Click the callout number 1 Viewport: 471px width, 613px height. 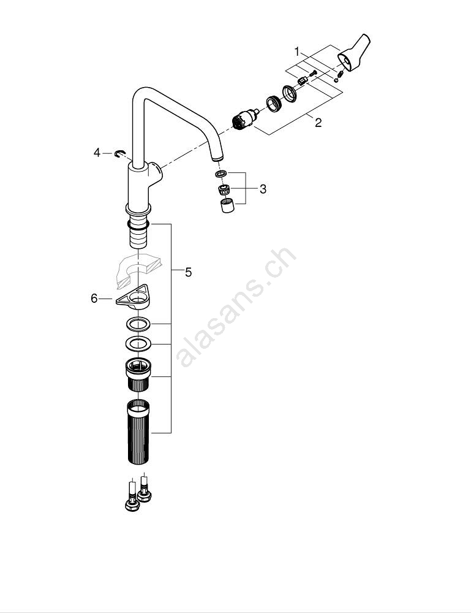pyautogui.click(x=297, y=51)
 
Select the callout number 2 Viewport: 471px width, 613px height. pyautogui.click(x=318, y=123)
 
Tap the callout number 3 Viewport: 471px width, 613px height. pyautogui.click(x=263, y=189)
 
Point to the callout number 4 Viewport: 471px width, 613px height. pyautogui.click(x=97, y=153)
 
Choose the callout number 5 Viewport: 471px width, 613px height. pyautogui.click(x=188, y=272)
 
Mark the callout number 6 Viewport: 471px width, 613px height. pyautogui.click(x=94, y=299)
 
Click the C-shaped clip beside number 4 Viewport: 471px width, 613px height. pyautogui.click(x=119, y=154)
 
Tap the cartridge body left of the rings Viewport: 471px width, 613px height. pyautogui.click(x=244, y=120)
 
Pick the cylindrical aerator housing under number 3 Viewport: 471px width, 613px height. pyautogui.click(x=227, y=205)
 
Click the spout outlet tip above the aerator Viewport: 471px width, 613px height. pyautogui.click(x=217, y=157)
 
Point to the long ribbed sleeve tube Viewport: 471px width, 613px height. pyautogui.click(x=138, y=432)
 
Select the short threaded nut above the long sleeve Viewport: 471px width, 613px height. pyautogui.click(x=138, y=374)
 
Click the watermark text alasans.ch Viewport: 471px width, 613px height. pyautogui.click(x=236, y=307)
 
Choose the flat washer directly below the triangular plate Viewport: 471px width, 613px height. pyautogui.click(x=138, y=324)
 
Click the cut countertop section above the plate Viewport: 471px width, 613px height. pyautogui.click(x=138, y=269)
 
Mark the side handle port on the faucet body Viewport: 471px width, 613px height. pyautogui.click(x=156, y=173)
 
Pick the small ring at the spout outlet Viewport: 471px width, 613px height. pyautogui.click(x=221, y=173)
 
